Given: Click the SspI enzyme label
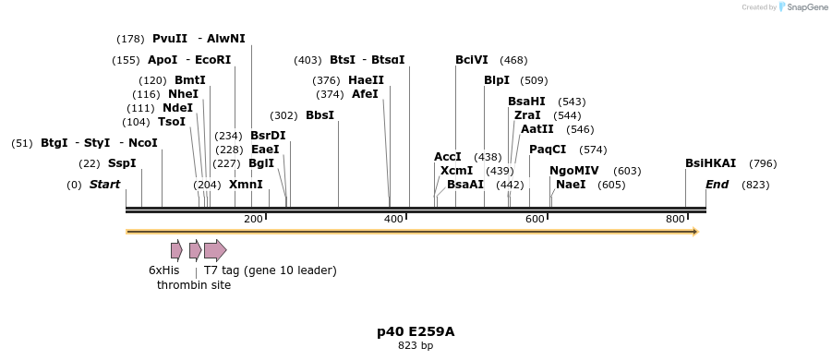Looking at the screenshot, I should (121, 163).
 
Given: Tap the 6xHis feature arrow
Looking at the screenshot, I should (176, 250).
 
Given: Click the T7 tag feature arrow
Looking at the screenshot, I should (215, 250).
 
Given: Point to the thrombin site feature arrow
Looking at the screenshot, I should (195, 250).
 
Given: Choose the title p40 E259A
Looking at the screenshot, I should (416, 331).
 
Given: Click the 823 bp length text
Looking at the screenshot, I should (416, 346).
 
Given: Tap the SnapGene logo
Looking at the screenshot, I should (800, 7).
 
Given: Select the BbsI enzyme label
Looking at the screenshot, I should (320, 115).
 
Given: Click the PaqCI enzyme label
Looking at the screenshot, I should (548, 150).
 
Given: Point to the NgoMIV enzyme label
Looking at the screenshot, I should (574, 171).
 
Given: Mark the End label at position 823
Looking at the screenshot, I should (717, 185).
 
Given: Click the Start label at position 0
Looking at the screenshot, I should (104, 185).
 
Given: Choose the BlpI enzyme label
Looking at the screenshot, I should (497, 80).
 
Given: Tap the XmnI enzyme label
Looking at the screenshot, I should (246, 185).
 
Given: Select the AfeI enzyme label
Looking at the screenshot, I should (365, 94).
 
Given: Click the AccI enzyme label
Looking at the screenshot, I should (448, 157).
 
